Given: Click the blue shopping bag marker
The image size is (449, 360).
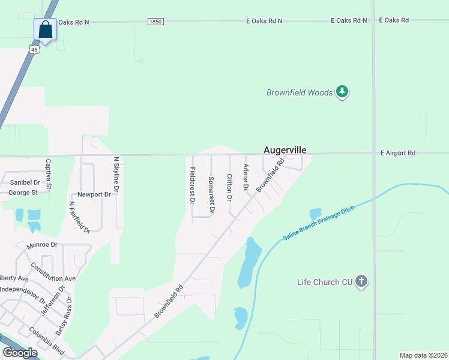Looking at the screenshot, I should (46, 28).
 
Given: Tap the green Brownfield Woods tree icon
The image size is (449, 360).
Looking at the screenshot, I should (342, 92).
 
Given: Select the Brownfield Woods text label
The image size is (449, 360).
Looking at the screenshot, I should (299, 92).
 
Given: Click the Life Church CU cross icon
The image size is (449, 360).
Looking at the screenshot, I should (361, 281).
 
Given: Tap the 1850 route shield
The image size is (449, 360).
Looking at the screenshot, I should (155, 21).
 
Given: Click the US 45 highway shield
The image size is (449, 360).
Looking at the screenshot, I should (35, 50).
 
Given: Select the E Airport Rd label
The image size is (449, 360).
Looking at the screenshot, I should (398, 154).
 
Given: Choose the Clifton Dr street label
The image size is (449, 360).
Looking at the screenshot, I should (229, 187).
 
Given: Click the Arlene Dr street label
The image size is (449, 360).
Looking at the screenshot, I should (245, 177).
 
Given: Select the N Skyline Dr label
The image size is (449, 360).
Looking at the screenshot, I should (117, 175).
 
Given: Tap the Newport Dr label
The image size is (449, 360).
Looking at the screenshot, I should (94, 194).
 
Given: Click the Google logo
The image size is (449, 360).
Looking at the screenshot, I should (20, 353).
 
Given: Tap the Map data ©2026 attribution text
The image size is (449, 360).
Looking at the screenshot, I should (423, 355).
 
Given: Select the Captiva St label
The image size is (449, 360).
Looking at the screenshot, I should (49, 175).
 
